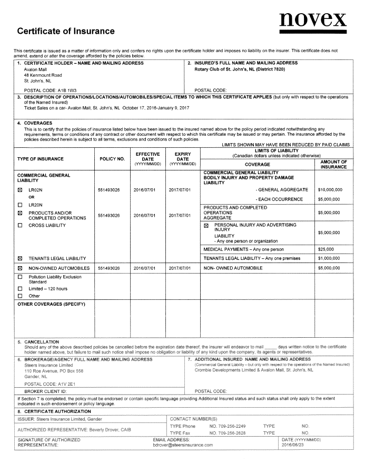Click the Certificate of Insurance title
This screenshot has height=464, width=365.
[66, 31]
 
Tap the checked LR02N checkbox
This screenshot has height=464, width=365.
[20, 189]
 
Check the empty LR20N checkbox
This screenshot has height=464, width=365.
[20, 205]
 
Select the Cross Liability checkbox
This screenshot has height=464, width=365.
[20, 226]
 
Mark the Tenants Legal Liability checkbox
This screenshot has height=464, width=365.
[20, 258]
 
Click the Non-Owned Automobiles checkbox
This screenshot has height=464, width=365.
[20, 268]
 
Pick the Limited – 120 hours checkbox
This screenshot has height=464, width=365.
[20, 289]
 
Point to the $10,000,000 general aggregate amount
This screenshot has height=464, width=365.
[330, 189]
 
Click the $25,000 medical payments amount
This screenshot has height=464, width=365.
[326, 249]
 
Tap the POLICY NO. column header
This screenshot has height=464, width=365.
[112, 158]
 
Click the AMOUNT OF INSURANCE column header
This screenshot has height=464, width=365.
[334, 164]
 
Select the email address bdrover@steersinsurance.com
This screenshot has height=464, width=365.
[182, 445]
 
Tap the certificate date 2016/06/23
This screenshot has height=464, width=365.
[294, 445]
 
